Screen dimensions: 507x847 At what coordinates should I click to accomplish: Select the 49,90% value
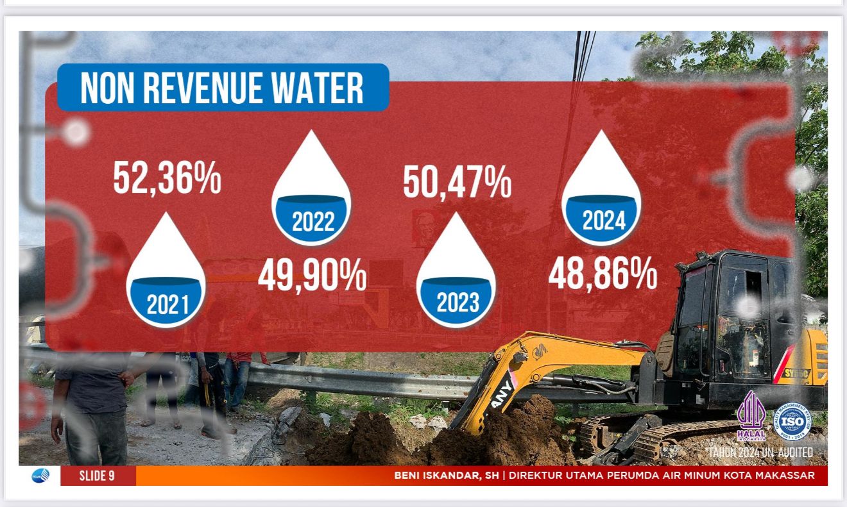pyautogui.click(x=312, y=276)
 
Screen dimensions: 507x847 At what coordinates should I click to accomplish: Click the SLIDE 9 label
pyautogui.click(x=97, y=476)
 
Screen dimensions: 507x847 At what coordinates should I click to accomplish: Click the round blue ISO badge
pyautogui.click(x=791, y=421)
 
